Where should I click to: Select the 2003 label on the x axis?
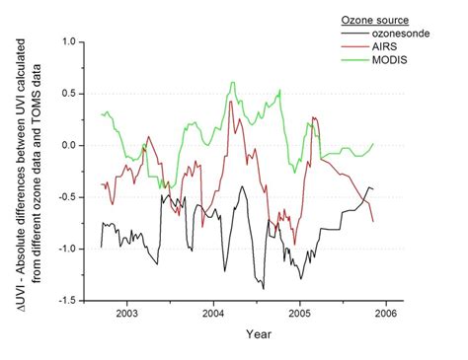point(126,314)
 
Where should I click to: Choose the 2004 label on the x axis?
point(213,314)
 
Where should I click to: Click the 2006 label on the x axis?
point(386,314)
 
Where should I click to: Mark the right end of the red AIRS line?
point(373,221)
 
